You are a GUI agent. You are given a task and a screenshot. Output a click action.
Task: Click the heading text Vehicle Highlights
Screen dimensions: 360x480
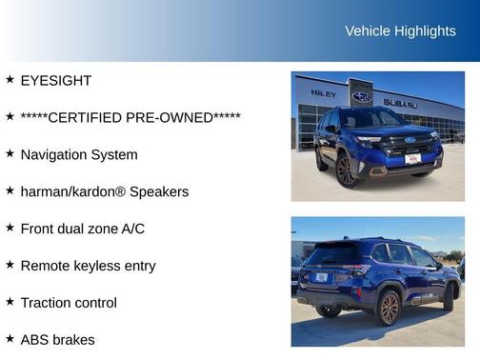[x=400, y=31]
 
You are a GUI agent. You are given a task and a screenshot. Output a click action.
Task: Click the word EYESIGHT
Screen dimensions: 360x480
[x=55, y=81]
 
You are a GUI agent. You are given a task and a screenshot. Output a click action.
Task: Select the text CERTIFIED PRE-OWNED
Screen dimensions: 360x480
[x=130, y=118]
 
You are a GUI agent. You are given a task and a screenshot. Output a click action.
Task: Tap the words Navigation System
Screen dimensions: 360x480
[x=79, y=155]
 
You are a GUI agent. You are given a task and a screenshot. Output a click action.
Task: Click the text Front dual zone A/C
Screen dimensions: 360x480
[x=83, y=230]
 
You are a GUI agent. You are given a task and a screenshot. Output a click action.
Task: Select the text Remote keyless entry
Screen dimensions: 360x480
[x=89, y=267]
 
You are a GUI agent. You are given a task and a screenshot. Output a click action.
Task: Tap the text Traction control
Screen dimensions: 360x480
[x=69, y=304]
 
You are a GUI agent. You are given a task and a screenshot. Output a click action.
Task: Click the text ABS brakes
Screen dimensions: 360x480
[x=57, y=340]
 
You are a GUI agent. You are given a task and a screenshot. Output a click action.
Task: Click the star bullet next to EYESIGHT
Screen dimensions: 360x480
[x=10, y=80]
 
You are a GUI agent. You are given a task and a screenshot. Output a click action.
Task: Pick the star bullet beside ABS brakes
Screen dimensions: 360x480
[x=10, y=339]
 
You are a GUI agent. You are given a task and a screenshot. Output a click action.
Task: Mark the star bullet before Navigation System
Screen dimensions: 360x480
[x=10, y=154]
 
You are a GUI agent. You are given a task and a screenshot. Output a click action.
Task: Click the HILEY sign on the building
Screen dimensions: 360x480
[x=323, y=93]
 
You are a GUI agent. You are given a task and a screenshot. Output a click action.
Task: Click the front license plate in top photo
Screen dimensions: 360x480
[x=412, y=159]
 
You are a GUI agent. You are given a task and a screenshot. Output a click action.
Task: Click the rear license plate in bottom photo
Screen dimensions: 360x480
[x=321, y=277]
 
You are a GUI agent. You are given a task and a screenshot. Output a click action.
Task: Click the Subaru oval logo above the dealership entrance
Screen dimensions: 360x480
[x=362, y=96]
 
